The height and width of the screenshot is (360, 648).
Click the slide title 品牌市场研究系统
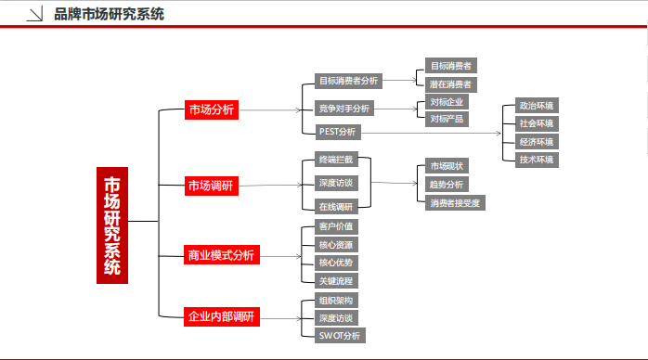109,14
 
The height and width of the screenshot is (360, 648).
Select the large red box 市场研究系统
111,224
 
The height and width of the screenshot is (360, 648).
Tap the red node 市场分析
211,109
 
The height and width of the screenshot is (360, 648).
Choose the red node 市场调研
211,186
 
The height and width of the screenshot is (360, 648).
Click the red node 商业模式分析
220,254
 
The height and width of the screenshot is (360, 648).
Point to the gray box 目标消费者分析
348,81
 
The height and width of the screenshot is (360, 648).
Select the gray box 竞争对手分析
343,109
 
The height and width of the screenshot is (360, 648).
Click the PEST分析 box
337,132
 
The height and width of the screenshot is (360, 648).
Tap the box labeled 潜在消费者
450,84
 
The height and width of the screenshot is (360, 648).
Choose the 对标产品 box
448,119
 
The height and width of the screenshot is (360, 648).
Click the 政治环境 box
537,106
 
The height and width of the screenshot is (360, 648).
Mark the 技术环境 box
537,160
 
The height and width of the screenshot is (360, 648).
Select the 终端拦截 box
335,161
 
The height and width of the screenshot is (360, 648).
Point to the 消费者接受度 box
455,203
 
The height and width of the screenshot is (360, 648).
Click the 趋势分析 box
447,185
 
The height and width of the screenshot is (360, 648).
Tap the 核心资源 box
335,244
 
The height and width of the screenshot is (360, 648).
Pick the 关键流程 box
335,280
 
